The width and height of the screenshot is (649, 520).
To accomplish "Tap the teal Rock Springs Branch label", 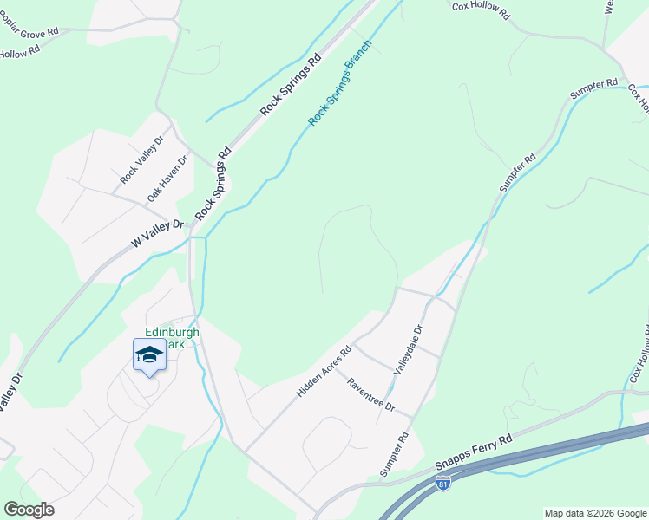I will click(x=340, y=82).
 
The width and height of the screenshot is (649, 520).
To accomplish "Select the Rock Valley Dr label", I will click(x=141, y=159).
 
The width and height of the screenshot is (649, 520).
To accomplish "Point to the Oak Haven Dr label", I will click(x=167, y=179).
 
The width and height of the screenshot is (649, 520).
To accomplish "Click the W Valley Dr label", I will click(x=159, y=235).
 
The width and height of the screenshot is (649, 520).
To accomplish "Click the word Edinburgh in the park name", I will click(x=172, y=332).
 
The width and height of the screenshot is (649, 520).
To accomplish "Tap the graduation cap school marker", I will click(x=149, y=356).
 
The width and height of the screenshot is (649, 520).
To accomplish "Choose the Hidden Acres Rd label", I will click(x=323, y=372).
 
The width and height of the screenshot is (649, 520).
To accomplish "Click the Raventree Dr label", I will click(x=370, y=395).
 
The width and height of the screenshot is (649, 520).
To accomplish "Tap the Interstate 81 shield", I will click(x=443, y=483).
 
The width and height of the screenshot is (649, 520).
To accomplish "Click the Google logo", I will click(x=29, y=510).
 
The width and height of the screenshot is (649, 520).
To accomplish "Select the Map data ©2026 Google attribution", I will click(x=594, y=513).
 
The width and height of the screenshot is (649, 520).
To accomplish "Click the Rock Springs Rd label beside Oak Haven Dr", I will click(x=213, y=182).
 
